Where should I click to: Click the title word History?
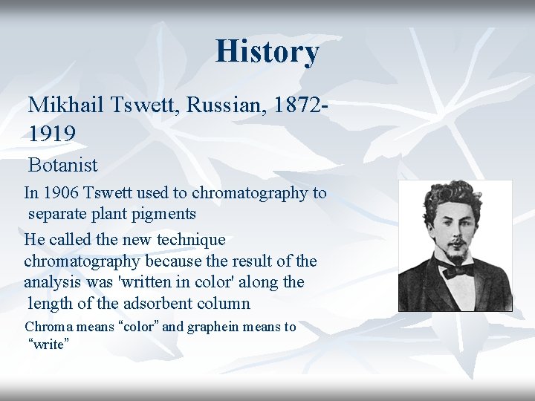coord(267,51)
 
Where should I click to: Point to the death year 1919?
coord(52,134)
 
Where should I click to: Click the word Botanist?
coord(63,164)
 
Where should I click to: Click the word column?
coord(224,304)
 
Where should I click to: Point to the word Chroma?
coord(48,327)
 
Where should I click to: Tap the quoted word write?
coord(48,345)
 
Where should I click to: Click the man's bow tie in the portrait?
coord(456,269)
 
